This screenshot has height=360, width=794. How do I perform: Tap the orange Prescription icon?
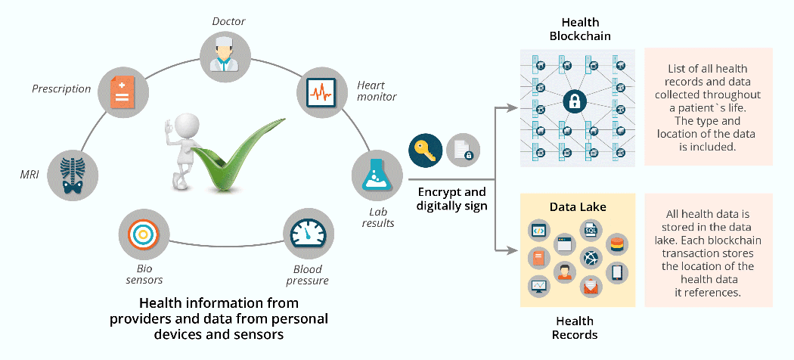[122, 93]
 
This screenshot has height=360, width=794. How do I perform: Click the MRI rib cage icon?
[72, 175]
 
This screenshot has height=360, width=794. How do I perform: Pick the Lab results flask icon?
[377, 175]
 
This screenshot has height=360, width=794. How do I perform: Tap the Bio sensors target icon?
[144, 234]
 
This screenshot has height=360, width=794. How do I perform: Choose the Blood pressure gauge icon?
[309, 234]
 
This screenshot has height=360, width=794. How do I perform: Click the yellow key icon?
[425, 151]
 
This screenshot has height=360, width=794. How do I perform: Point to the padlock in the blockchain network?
[575, 101]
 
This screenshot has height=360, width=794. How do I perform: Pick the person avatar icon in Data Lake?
[563, 272]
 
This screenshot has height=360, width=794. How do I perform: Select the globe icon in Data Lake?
[591, 258]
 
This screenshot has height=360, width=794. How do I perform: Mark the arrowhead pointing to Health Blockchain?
[514, 107]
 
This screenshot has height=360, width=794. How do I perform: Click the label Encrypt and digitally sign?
[452, 199]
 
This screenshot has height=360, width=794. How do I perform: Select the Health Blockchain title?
[580, 29]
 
